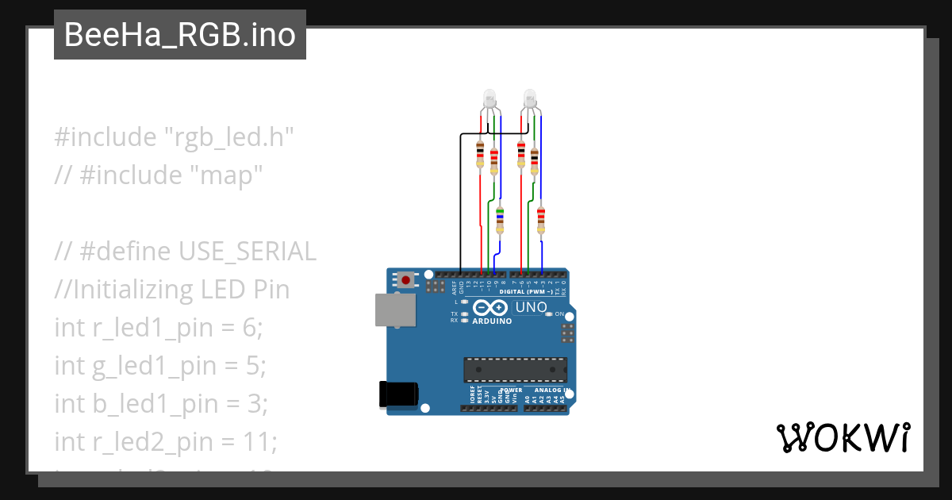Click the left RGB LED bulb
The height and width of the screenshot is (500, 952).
(489, 98)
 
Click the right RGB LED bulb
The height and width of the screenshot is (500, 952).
(530, 98)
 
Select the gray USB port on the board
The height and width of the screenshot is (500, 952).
(394, 310)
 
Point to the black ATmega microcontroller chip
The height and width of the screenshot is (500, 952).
(516, 370)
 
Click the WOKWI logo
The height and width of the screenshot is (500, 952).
(842, 438)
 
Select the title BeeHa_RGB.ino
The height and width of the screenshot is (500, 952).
(180, 35)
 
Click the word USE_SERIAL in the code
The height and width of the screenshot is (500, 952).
(248, 251)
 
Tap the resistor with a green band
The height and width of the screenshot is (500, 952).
(500, 219)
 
